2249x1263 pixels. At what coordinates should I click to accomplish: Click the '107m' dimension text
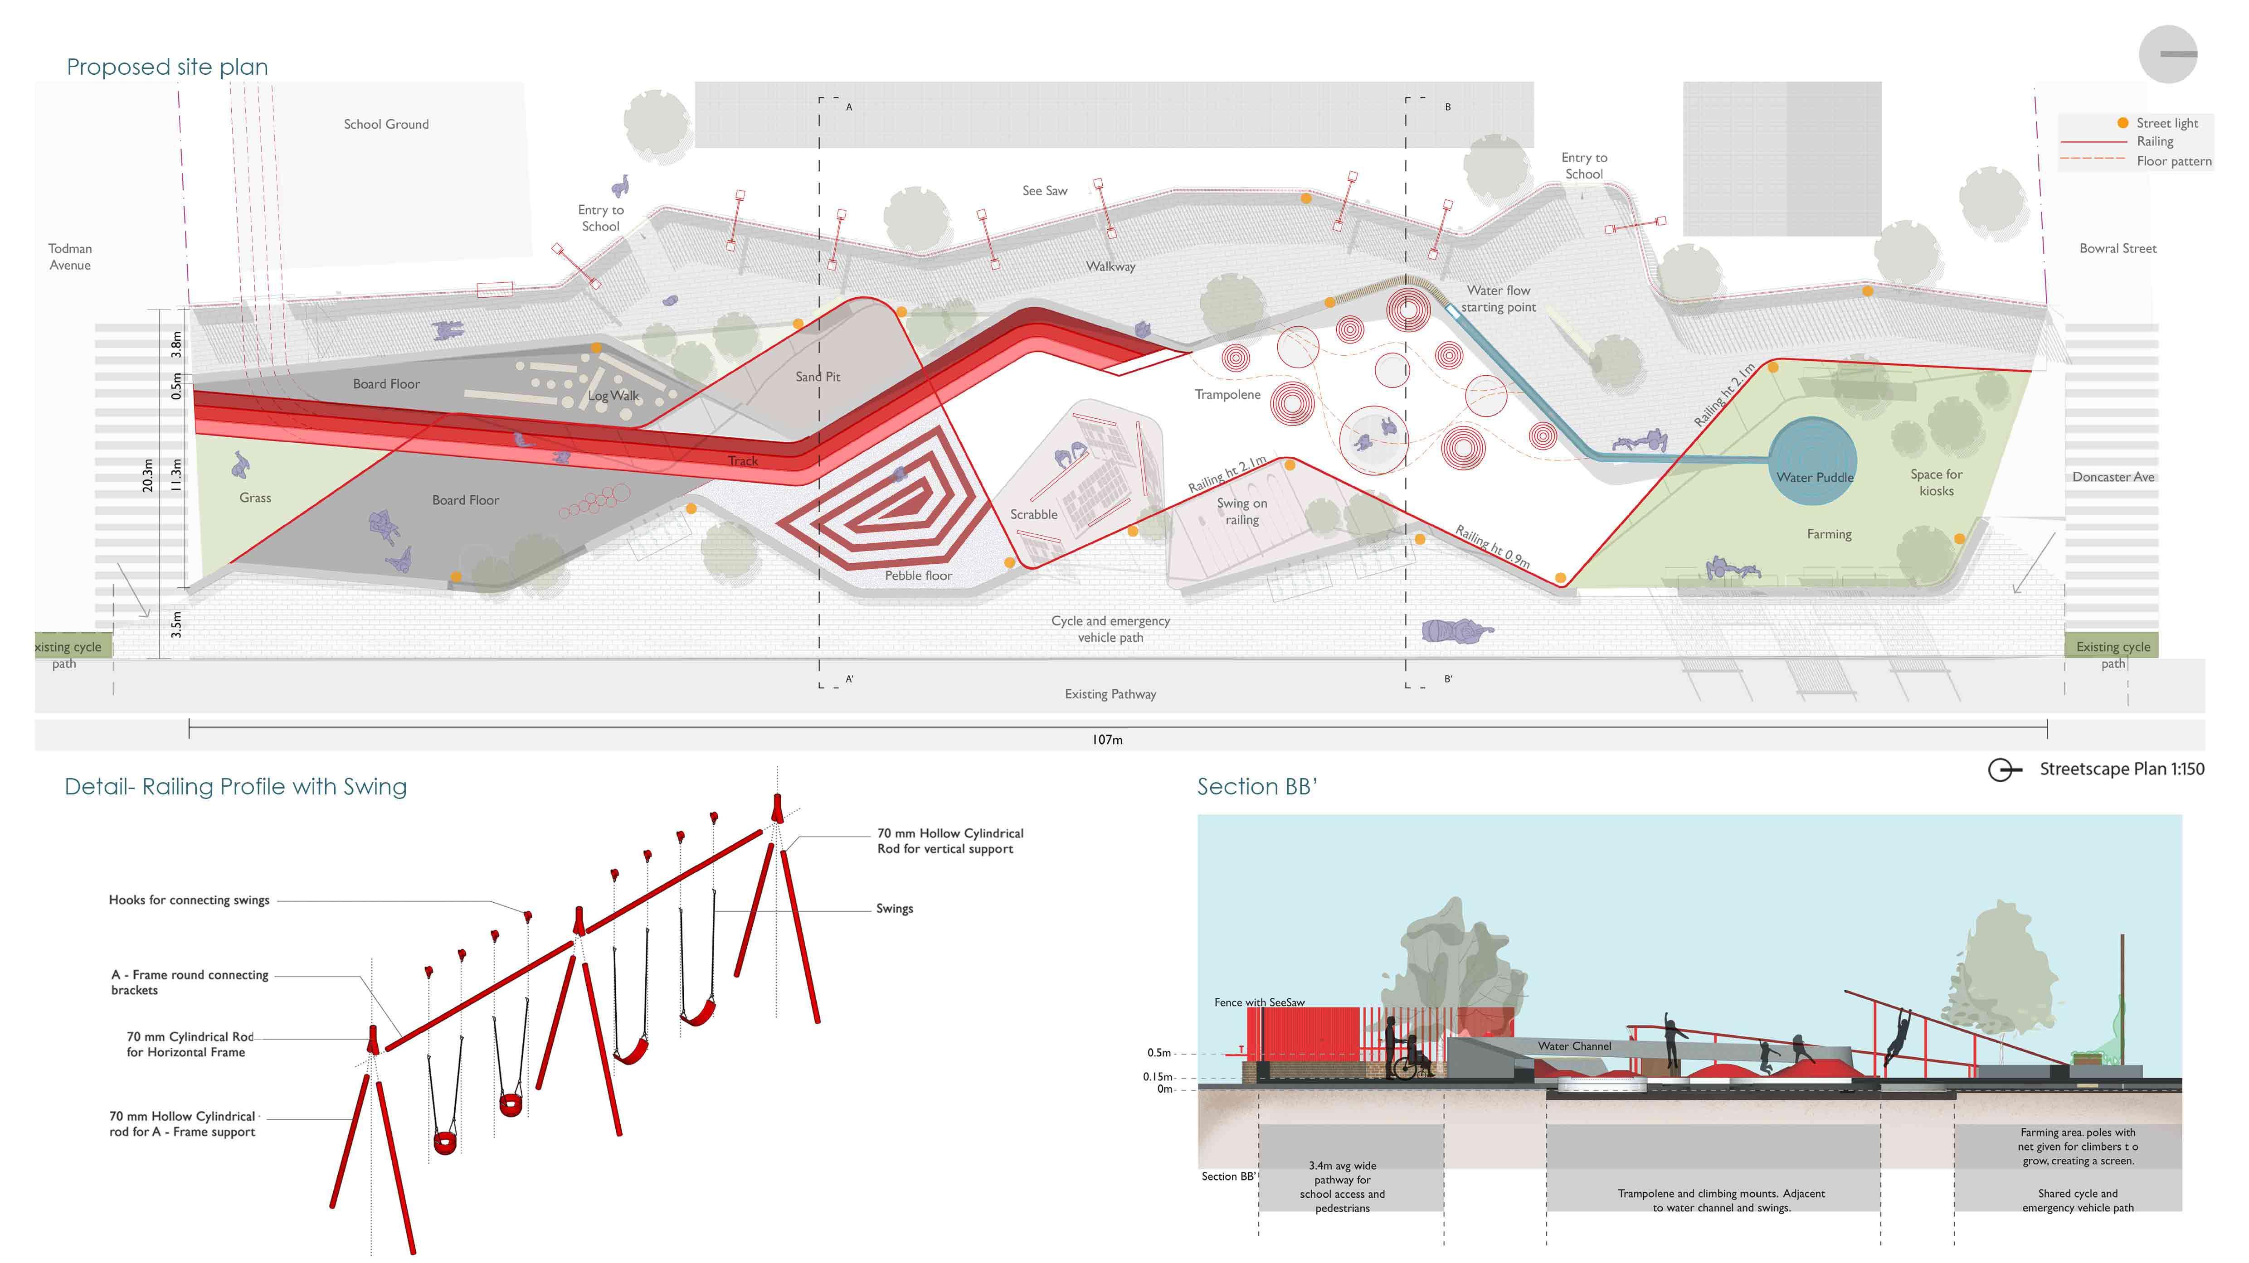tap(1107, 739)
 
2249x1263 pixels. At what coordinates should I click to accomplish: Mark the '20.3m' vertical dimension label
tap(147, 476)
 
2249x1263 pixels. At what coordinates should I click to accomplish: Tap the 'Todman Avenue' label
tap(70, 256)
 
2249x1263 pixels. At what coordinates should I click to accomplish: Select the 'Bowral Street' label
tap(2117, 249)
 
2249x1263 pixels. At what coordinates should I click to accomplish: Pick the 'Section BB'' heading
tap(1256, 786)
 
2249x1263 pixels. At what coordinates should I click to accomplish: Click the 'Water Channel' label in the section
tap(1574, 1045)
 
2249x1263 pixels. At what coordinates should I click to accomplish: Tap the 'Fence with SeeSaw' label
tap(1259, 1002)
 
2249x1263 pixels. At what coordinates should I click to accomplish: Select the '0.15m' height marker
tap(1158, 1076)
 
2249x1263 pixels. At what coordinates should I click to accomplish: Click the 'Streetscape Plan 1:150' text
tap(2122, 769)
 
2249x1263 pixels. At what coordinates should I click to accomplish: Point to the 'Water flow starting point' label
tap(1498, 299)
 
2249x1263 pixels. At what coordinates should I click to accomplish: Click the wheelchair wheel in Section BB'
tap(1403, 1068)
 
